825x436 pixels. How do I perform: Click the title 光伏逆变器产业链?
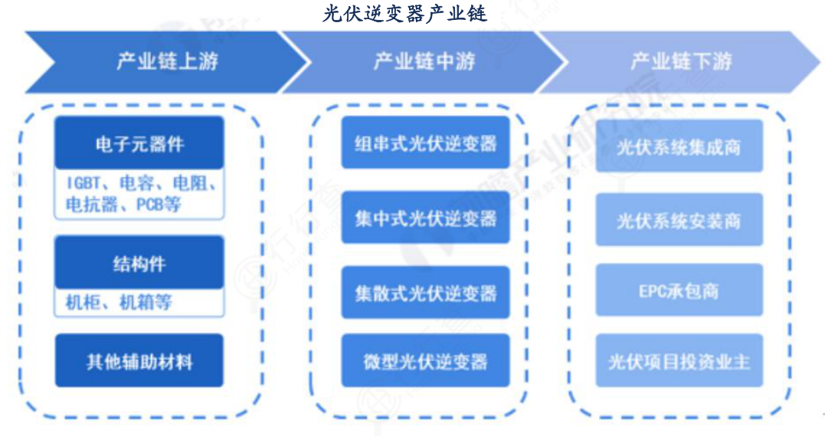point(404,13)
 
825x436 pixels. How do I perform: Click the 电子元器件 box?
point(139,143)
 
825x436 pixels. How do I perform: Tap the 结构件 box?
point(139,264)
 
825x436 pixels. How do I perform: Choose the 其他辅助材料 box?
point(139,360)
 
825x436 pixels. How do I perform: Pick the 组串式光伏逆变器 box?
point(425,143)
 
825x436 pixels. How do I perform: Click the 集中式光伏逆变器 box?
point(425,218)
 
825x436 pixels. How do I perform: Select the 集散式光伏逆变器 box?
point(425,293)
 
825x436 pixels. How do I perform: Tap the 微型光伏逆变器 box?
point(425,360)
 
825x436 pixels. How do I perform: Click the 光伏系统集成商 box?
point(679,146)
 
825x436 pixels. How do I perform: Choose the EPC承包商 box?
point(679,291)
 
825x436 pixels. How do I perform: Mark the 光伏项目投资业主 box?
point(679,360)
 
